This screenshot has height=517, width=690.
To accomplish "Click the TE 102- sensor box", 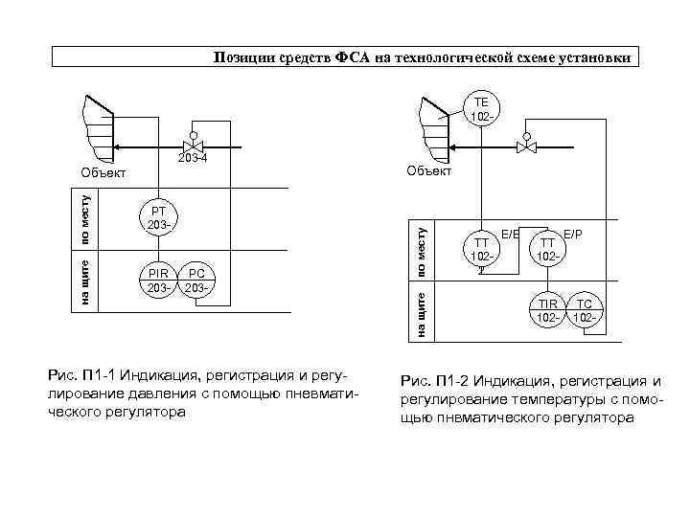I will click(480, 109).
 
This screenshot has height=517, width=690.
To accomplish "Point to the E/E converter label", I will click(508, 234).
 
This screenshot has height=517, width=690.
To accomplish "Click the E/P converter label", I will click(572, 234).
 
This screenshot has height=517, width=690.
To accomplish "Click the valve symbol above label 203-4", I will click(194, 146).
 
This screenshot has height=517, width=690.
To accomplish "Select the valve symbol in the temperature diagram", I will click(526, 146).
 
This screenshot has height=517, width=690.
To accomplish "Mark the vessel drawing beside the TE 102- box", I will click(433, 124).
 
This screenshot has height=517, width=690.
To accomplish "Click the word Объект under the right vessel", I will click(428, 170).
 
